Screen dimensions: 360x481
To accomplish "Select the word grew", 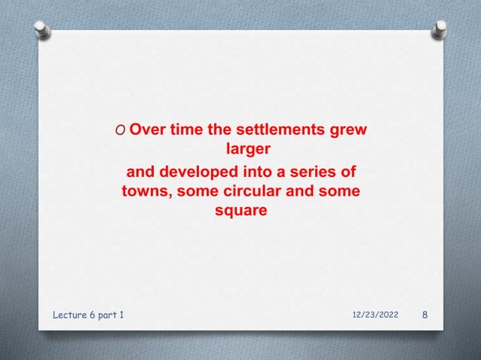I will pos(351,130).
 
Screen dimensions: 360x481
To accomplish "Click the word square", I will pos(240,212).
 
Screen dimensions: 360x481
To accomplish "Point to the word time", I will pos(189,130).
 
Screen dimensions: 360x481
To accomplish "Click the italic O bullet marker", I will pos(121,130).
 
